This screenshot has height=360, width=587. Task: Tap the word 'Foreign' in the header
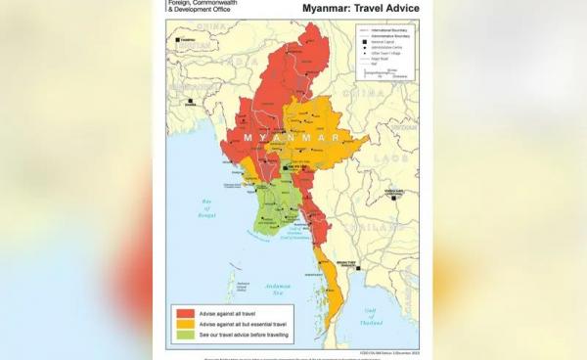(183, 2)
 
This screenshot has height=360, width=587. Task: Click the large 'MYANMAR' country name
(285, 138)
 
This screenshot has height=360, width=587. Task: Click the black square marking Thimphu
(177, 39)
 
